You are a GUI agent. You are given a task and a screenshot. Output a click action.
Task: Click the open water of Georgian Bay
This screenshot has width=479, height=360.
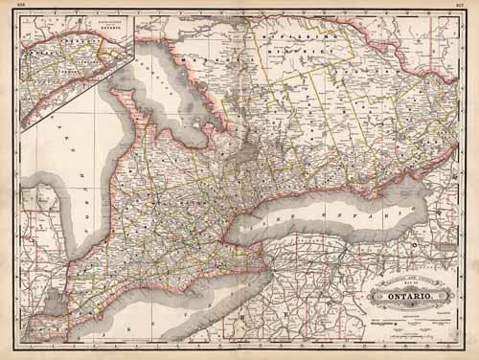click(192, 120)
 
